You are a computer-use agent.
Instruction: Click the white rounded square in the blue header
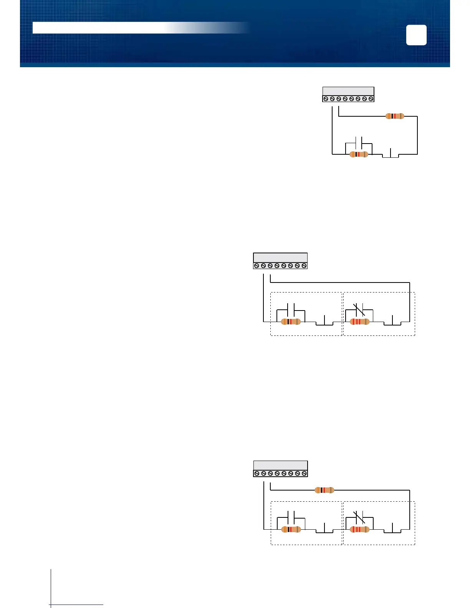(x=416, y=35)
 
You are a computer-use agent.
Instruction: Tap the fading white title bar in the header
(x=115, y=28)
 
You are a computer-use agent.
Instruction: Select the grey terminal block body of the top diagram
(x=348, y=91)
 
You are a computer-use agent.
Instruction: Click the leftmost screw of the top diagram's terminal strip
(x=326, y=99)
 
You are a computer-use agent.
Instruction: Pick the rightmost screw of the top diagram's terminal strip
(x=371, y=99)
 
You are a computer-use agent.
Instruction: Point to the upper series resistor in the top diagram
(x=395, y=116)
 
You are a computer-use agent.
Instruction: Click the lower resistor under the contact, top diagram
(x=359, y=154)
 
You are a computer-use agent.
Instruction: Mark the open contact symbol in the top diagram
(x=359, y=143)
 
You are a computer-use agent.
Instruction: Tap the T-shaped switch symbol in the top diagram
(x=391, y=154)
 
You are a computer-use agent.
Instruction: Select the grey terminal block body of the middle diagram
(x=280, y=258)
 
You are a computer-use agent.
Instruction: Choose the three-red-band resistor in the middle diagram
(x=360, y=322)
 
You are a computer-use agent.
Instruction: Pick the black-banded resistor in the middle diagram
(x=291, y=322)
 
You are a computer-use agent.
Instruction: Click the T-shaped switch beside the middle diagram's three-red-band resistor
(x=392, y=321)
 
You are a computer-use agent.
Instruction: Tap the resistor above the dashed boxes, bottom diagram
(x=324, y=490)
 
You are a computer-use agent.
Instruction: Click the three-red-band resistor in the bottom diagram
(x=360, y=530)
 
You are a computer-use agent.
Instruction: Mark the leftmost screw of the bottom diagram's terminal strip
(x=257, y=474)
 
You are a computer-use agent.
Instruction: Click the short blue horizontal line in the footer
(x=77, y=605)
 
